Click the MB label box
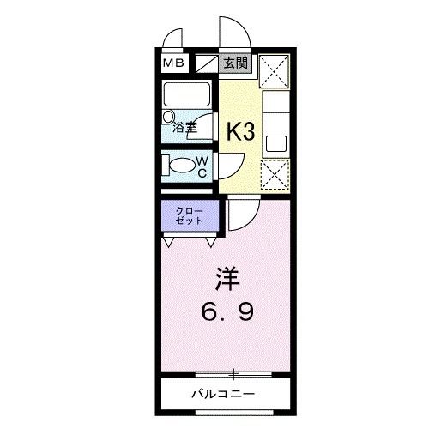pyautogui.click(x=174, y=63)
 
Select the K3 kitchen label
pyautogui.click(x=240, y=130)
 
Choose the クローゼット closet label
pyautogui.click(x=190, y=215)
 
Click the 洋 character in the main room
pyautogui.click(x=226, y=280)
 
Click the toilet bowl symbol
pyautogui.click(x=182, y=166)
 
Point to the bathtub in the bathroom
pyautogui.click(x=189, y=94)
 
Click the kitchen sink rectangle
pyautogui.click(x=276, y=141)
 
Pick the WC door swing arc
pyautogui.click(x=231, y=165)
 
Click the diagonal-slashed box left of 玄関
pyautogui.click(x=207, y=63)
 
